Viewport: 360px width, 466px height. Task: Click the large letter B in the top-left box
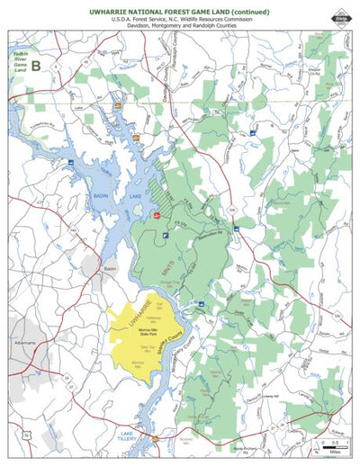[x=36, y=65]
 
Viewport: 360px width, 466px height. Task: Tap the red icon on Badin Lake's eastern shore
[x=156, y=217]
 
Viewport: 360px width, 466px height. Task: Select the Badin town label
[x=110, y=267]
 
